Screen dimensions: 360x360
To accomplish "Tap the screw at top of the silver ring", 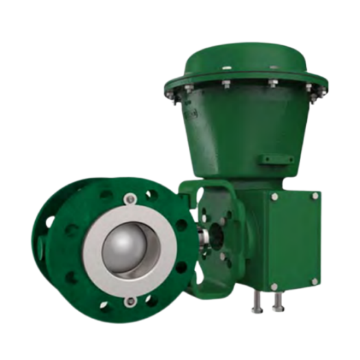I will coord(129,198).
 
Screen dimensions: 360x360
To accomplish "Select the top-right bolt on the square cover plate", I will coord(315,195).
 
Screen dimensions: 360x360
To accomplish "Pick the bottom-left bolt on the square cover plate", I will coord(273,286).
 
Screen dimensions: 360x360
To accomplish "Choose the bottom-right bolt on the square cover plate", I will coord(315,281).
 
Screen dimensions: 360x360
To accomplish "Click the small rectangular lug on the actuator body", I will coord(272,159).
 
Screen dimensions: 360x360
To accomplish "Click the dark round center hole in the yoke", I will coord(217,231).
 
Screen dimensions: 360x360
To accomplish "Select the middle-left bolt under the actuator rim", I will coord(226,84).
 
